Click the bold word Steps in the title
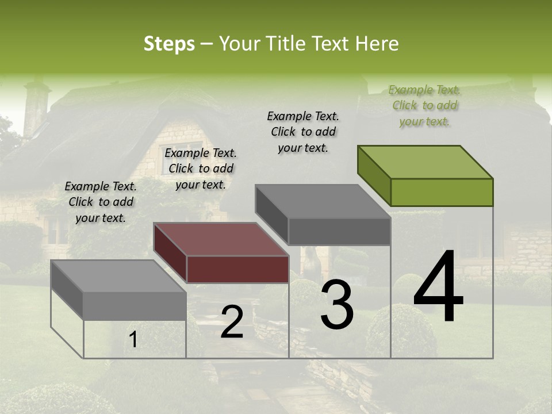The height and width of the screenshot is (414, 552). pyautogui.click(x=169, y=44)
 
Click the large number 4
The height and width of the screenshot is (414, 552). pyautogui.click(x=438, y=287)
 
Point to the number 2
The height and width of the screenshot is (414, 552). pyautogui.click(x=232, y=323)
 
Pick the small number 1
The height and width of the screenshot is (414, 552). pyautogui.click(x=133, y=340)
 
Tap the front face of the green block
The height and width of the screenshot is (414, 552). pyautogui.click(x=442, y=192)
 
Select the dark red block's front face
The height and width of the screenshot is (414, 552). pyautogui.click(x=237, y=269)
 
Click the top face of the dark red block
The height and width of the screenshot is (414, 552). pyautogui.click(x=221, y=239)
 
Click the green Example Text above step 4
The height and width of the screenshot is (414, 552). pyautogui.click(x=425, y=106)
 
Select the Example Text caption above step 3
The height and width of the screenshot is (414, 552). pyautogui.click(x=303, y=132)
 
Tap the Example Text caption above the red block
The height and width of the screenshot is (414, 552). pyautogui.click(x=201, y=169)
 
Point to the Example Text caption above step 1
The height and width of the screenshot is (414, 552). pyautogui.click(x=101, y=202)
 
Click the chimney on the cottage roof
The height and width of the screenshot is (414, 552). pyautogui.click(x=36, y=106)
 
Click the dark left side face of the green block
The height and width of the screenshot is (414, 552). pyautogui.click(x=374, y=175)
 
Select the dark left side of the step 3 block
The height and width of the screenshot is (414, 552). pyautogui.click(x=271, y=214)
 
